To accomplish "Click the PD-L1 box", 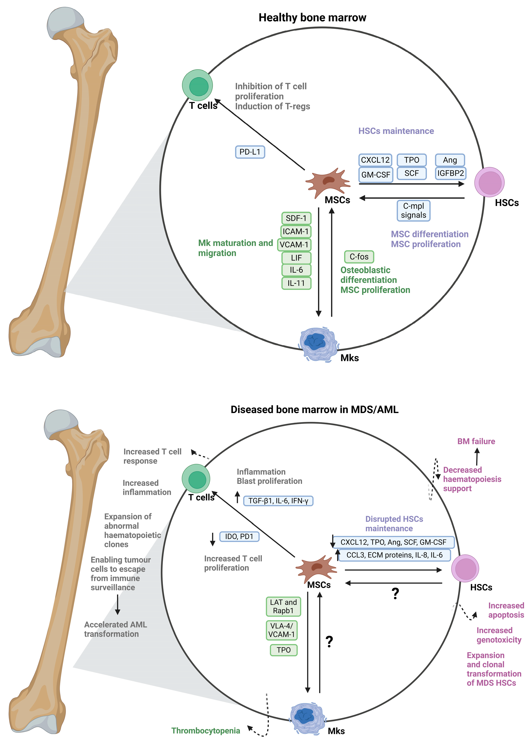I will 250,152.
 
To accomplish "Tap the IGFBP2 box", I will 450,173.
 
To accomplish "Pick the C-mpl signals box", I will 413,211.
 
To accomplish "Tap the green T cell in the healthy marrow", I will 197,85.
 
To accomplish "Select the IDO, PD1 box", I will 239,537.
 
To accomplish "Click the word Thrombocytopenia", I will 206,731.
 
